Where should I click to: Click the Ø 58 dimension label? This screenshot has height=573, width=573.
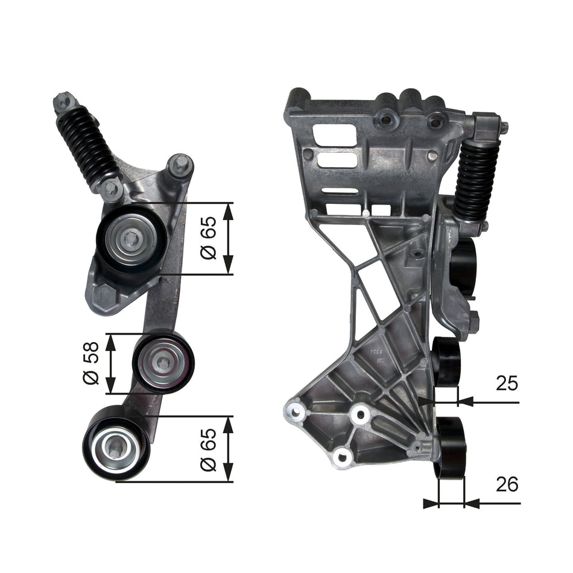92,363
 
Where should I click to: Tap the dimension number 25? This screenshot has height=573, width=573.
507,383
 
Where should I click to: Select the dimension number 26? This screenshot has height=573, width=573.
507,484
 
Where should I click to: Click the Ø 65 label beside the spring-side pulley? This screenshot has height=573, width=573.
208,239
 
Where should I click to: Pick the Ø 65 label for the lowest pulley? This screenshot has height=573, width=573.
208,449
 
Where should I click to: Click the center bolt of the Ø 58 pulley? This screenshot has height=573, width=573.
163,363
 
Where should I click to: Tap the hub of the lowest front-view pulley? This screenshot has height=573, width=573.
115,446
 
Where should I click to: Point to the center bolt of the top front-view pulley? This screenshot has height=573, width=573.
131,239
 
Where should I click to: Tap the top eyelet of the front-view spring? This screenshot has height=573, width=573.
63,102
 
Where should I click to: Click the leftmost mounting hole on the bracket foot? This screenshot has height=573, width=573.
296,412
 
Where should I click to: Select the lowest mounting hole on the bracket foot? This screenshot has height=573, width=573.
343,457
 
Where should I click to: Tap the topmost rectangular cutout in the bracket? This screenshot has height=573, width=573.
331,134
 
